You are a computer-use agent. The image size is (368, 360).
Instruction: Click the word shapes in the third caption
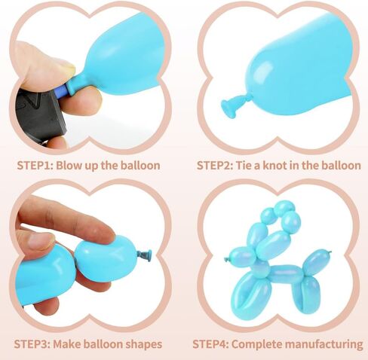click(143, 344)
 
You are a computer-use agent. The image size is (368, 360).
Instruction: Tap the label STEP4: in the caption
click(210, 344)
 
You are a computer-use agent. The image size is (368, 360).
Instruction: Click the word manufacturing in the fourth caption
click(324, 344)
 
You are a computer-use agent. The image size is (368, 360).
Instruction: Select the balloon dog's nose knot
click(227, 260)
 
